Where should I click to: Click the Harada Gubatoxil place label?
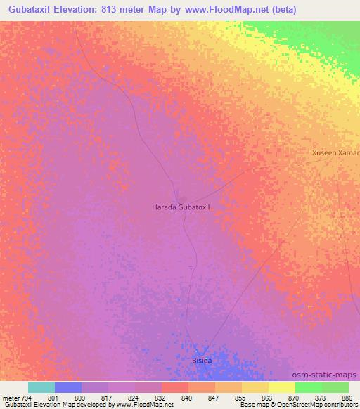point(181,207)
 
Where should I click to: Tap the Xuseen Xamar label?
point(335,152)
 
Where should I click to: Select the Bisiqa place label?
point(202,361)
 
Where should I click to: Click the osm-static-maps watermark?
point(329,375)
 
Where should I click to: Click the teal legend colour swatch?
point(41,387)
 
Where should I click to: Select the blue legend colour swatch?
point(68,387)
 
